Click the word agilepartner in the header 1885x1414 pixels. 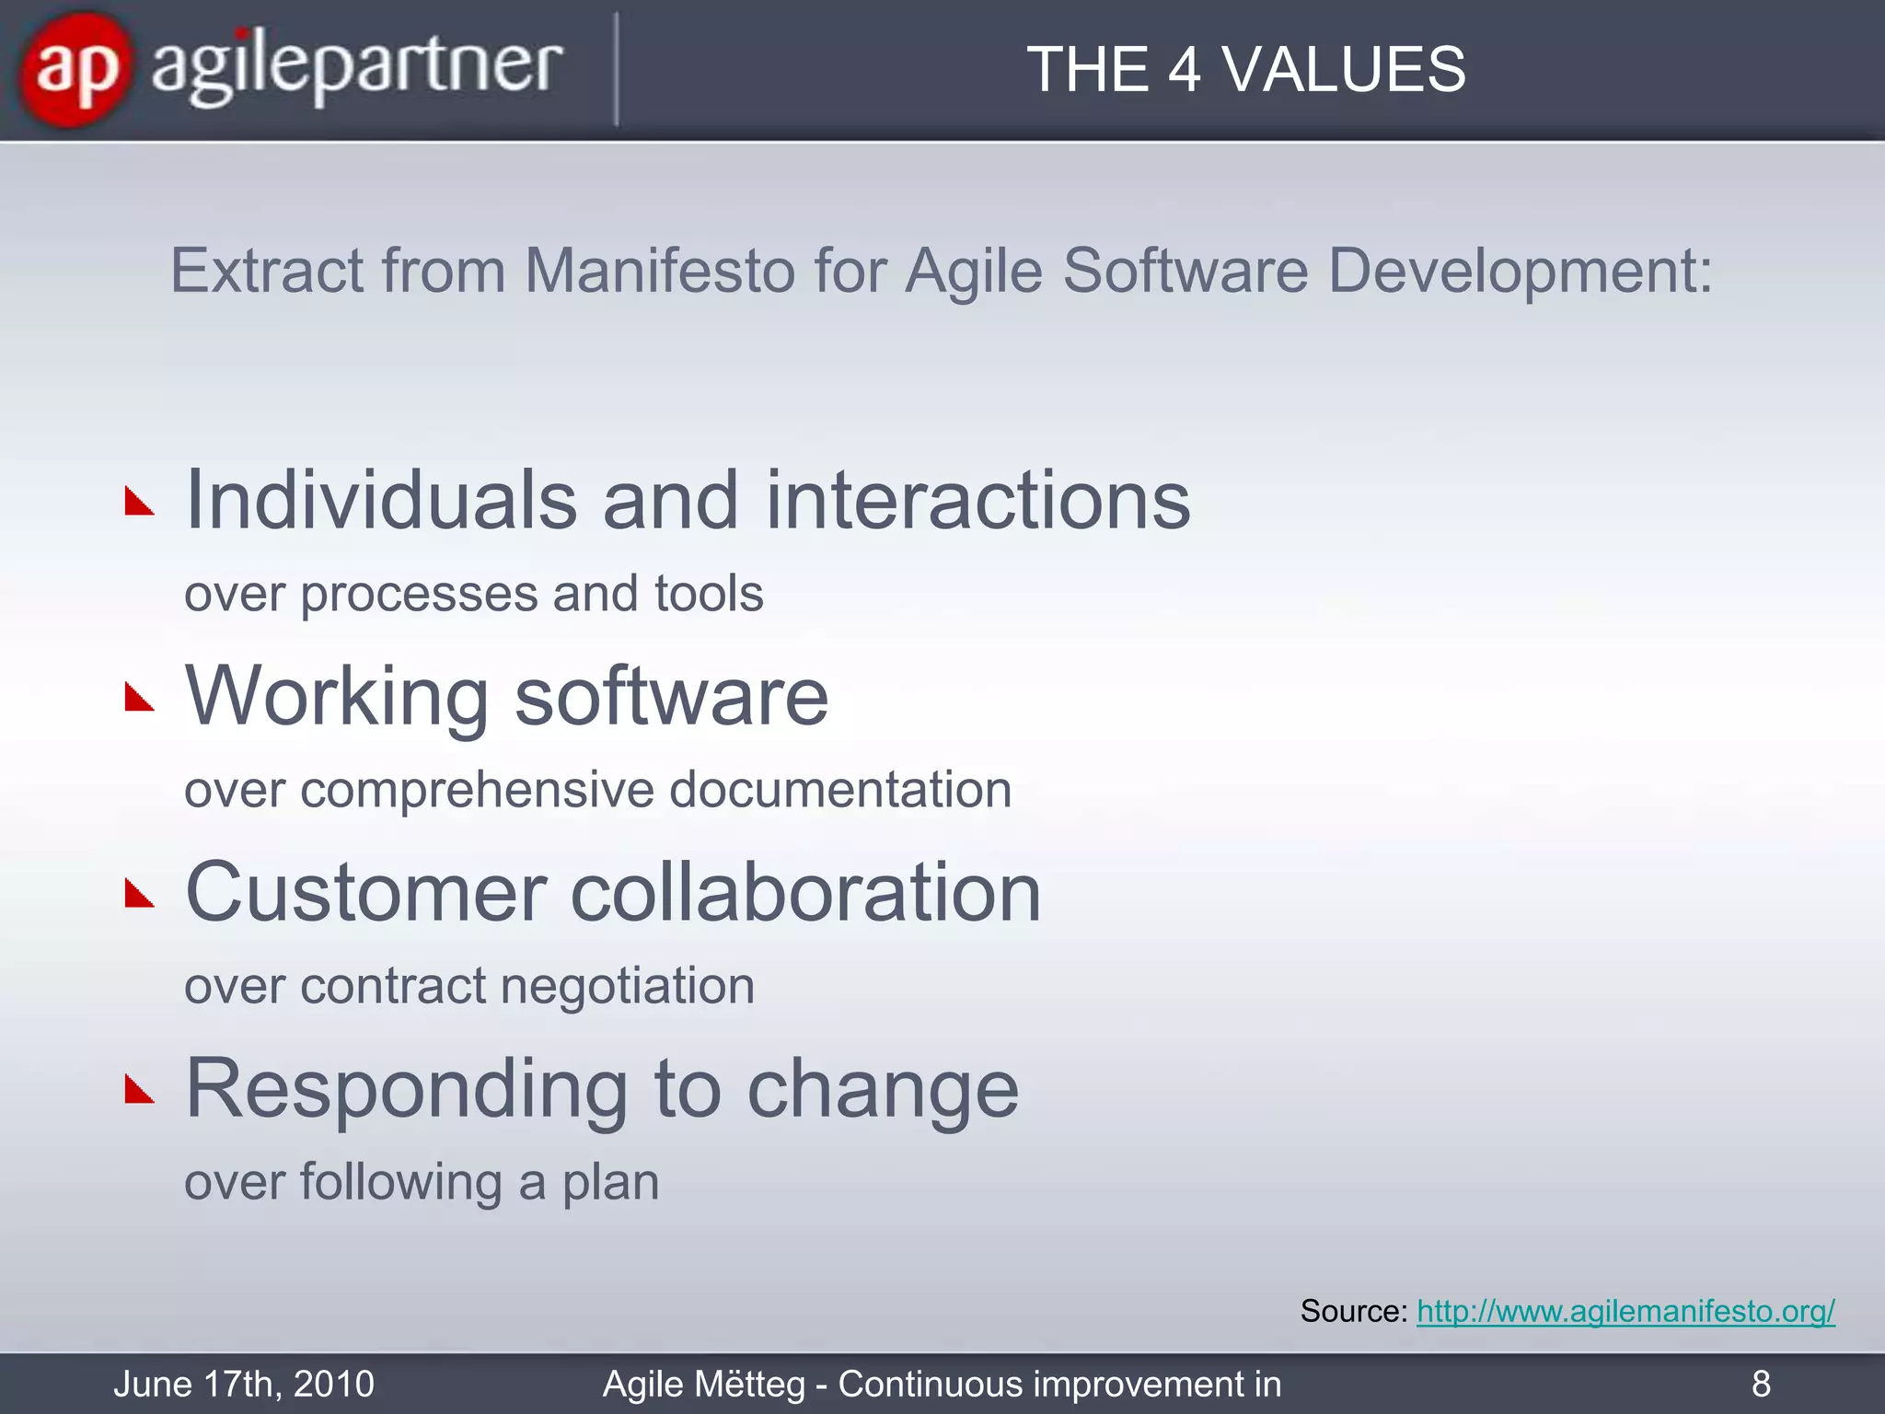357,69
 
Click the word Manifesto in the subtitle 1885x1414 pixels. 659,271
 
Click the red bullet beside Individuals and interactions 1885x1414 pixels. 139,503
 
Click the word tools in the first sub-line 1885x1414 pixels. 709,593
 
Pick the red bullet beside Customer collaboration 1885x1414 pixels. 139,894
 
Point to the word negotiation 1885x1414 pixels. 627,986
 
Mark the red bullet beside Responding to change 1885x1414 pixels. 139,1090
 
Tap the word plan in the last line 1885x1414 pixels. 611,1183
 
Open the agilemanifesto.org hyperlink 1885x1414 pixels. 1625,1311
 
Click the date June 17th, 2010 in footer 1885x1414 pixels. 244,1384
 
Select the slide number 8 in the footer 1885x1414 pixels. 1761,1384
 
